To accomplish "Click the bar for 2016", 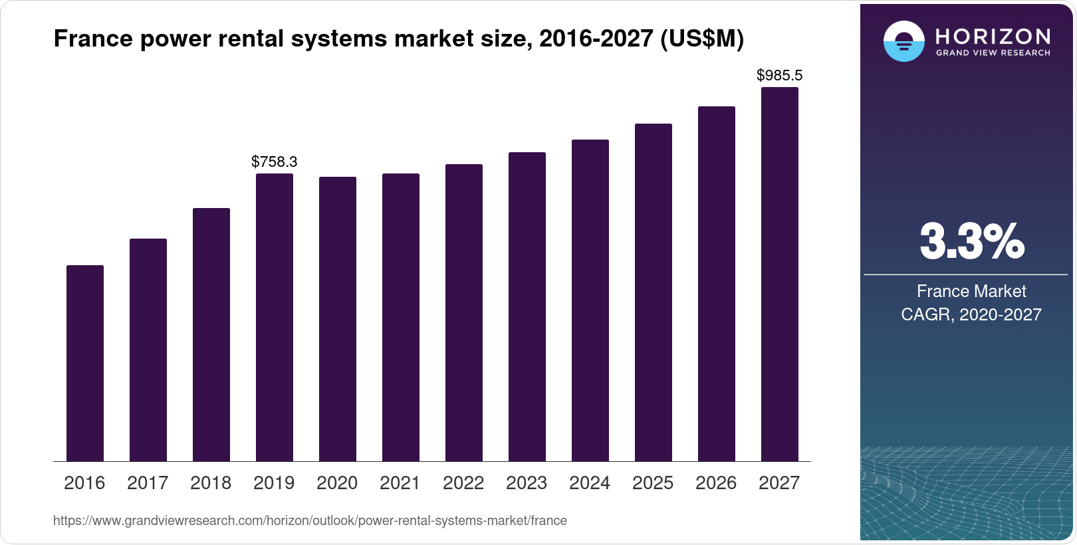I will (85, 363).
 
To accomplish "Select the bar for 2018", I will (211, 334).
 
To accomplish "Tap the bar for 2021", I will (401, 317).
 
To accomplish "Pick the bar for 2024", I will (590, 300).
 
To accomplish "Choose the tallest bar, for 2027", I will (780, 274).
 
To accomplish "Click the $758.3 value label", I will (274, 162).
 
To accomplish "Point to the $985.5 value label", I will (779, 75).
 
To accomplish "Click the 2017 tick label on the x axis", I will (148, 483).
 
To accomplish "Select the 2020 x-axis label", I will (337, 483).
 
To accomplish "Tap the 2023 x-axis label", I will (527, 483).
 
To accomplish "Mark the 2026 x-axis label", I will (716, 483).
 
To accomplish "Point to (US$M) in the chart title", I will (702, 39).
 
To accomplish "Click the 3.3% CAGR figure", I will (971, 241).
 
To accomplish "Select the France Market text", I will (971, 291).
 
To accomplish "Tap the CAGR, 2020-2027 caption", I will (971, 314).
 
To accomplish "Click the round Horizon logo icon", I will (903, 41).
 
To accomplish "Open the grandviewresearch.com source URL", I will (310, 520).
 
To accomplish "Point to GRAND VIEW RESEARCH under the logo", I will (993, 53).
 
